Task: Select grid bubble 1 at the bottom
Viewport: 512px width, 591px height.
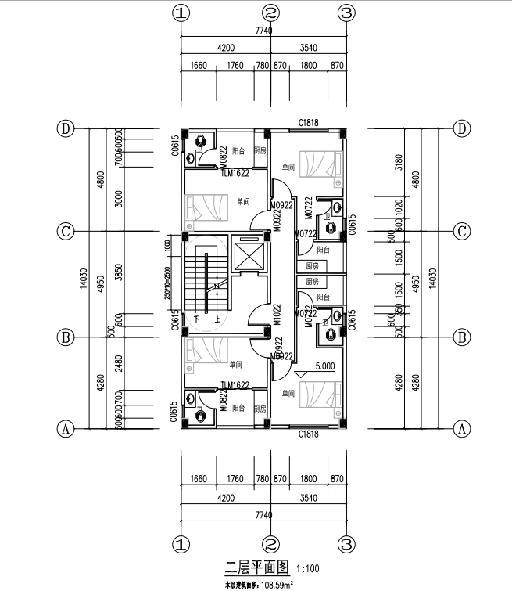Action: click(x=181, y=543)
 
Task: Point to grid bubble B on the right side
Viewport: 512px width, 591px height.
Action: click(x=463, y=338)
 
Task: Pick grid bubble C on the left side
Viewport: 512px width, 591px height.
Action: click(x=66, y=232)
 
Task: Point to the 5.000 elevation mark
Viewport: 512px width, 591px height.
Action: click(x=326, y=365)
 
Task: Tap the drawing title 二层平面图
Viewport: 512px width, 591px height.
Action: click(x=257, y=566)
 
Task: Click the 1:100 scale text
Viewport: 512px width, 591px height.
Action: click(x=306, y=568)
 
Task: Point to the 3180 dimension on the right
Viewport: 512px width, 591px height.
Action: click(x=399, y=163)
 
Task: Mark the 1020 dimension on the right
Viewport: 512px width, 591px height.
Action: click(x=399, y=207)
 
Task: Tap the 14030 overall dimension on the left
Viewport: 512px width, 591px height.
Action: click(x=84, y=279)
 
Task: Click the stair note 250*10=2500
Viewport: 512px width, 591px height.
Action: click(x=167, y=283)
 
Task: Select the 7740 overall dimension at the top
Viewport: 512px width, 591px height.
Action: click(x=263, y=31)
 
